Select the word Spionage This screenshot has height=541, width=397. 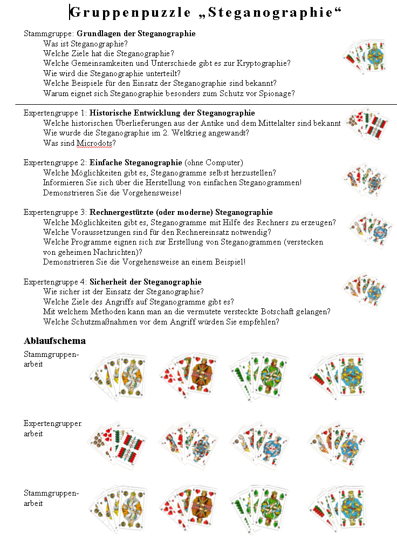[277, 93]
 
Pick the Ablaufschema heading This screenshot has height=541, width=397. [54, 341]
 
